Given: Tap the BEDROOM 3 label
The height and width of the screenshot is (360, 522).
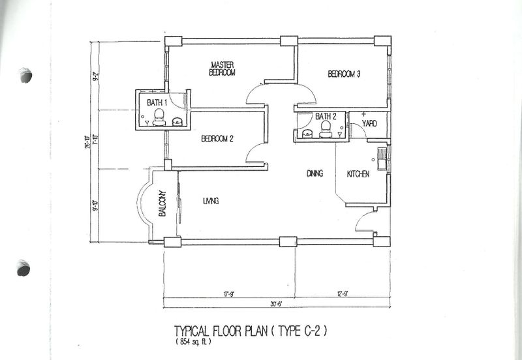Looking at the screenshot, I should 344,74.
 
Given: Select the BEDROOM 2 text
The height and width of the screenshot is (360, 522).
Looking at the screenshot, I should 217,138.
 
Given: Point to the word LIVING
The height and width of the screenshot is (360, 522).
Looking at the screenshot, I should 210,202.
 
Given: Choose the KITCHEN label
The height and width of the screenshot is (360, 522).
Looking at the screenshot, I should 358,174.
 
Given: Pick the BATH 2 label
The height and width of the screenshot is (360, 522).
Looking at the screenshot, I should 326,117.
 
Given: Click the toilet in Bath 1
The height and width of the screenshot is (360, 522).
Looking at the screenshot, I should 158,118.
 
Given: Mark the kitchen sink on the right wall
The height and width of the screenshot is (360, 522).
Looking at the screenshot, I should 382,156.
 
